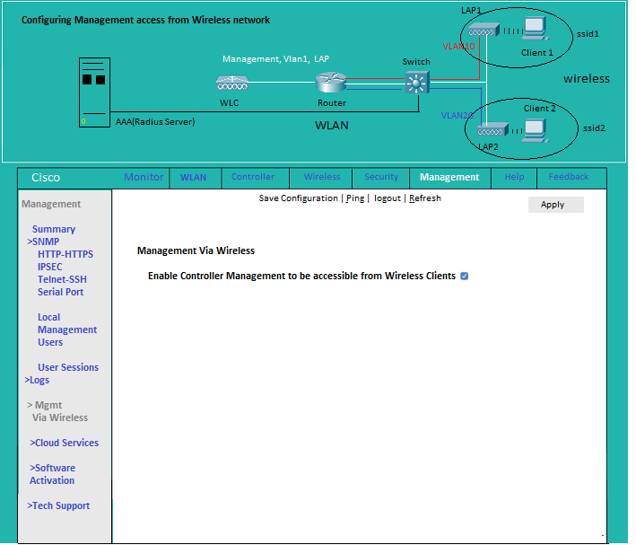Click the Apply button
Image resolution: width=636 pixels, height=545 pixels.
(x=555, y=205)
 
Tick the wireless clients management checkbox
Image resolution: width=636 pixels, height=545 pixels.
(x=465, y=277)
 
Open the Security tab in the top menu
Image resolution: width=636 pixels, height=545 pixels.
(x=381, y=177)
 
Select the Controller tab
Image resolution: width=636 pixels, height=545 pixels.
(x=253, y=177)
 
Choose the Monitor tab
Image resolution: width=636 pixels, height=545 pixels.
(x=144, y=177)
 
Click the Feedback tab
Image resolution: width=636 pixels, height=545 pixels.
(x=568, y=177)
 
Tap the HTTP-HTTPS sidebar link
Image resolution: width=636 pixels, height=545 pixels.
(x=65, y=254)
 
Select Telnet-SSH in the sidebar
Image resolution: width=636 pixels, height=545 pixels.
(x=62, y=279)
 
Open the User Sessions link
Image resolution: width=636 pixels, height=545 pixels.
(x=68, y=367)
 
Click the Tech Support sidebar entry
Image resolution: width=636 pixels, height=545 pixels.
(x=58, y=505)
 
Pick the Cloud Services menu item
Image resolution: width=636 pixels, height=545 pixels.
(x=64, y=443)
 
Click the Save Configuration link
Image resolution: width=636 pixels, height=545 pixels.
(x=298, y=198)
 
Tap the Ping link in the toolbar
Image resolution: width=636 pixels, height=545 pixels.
(x=355, y=198)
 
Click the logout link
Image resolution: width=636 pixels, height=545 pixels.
(x=387, y=198)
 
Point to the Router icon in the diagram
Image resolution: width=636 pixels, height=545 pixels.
(x=331, y=83)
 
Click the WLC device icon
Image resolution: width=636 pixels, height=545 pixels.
(x=232, y=83)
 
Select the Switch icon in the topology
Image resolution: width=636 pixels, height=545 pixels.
(x=417, y=83)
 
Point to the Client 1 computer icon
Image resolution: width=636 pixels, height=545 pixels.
(x=536, y=29)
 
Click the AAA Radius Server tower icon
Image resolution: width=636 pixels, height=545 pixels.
(x=94, y=92)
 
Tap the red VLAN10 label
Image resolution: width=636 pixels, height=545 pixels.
(x=458, y=47)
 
